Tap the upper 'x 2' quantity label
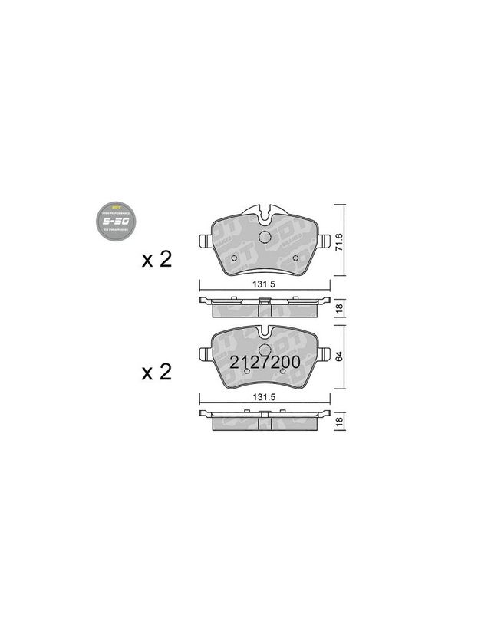(x=157, y=259)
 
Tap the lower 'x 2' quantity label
(x=157, y=373)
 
